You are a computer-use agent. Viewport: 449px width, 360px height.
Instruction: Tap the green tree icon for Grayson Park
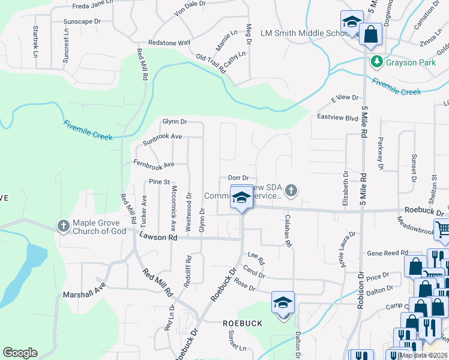tap(377, 61)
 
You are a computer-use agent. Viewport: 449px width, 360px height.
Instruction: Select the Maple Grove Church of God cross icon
tap(64, 226)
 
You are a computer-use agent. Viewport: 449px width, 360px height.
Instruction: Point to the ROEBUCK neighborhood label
tap(243, 323)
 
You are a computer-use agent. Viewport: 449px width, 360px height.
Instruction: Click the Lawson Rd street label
tap(158, 238)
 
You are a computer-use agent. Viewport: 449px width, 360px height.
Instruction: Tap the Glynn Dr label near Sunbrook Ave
tap(175, 122)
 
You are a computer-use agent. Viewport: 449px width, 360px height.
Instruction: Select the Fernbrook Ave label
tap(154, 164)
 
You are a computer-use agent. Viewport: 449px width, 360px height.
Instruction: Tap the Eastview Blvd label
tap(337, 118)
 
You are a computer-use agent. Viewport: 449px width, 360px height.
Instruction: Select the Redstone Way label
tap(169, 43)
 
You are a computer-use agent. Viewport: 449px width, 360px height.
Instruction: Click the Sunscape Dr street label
tap(82, 22)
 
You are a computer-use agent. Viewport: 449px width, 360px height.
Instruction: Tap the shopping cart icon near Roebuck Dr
tap(442, 229)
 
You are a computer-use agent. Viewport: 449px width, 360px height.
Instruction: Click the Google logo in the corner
tap(20, 353)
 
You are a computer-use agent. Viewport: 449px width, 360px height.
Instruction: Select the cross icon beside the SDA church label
tap(291, 190)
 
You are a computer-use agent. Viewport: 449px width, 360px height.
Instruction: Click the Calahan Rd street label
tap(288, 231)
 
